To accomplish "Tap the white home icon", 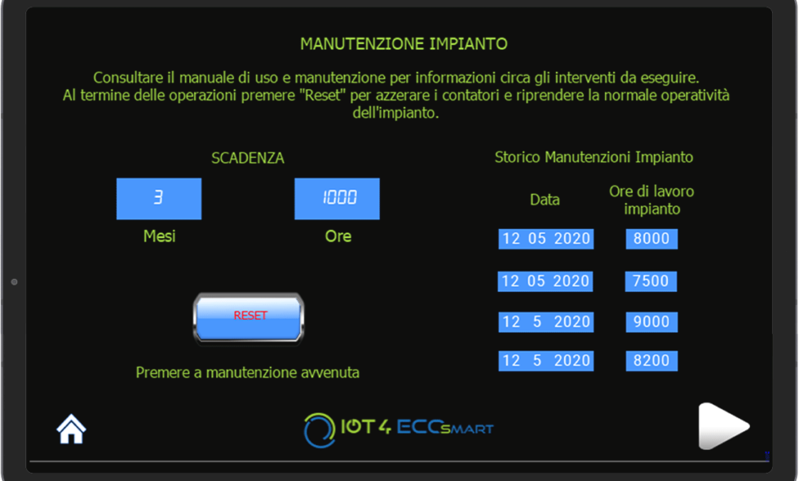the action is (x=72, y=429).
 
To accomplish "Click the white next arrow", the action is (x=722, y=426).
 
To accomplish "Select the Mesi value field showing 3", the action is (x=159, y=199).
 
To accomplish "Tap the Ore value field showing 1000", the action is (x=337, y=199).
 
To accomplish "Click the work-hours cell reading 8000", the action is (x=651, y=238).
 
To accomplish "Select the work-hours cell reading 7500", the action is (x=651, y=281).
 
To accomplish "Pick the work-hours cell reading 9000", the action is (x=651, y=322).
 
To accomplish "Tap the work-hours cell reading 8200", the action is (x=651, y=360).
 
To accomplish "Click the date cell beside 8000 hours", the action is (x=545, y=238).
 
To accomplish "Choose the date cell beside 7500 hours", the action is (x=545, y=281).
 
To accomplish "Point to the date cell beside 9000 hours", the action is (x=545, y=322).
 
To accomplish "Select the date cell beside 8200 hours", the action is (x=545, y=360).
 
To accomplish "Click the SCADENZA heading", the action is (x=248, y=158).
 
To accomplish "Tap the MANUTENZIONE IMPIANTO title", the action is (x=404, y=44).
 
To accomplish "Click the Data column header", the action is (x=545, y=199).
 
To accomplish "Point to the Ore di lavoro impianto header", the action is (x=651, y=200).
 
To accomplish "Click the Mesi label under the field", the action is (x=160, y=236).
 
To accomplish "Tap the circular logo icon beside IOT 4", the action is (x=320, y=430).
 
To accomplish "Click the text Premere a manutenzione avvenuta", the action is (x=248, y=373).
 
